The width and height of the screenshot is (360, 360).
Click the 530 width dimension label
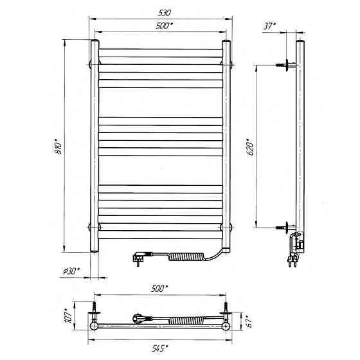(165, 13)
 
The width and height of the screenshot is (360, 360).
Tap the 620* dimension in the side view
(250, 147)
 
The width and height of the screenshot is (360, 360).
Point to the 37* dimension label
(269, 26)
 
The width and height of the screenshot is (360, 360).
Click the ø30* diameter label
(71, 271)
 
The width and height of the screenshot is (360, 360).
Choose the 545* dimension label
(159, 348)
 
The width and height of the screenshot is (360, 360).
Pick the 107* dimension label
(68, 316)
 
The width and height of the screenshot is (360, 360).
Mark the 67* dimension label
(249, 321)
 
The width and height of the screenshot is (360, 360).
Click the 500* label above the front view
(164, 26)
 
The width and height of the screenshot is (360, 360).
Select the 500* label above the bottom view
(159, 289)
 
